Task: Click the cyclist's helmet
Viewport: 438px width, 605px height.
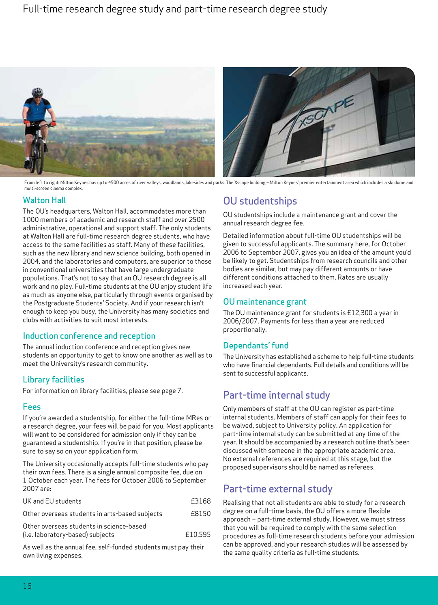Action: click(37, 92)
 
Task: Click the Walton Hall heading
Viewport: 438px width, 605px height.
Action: click(44, 200)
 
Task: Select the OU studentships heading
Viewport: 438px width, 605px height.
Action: click(260, 201)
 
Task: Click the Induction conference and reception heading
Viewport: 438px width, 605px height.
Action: click(89, 336)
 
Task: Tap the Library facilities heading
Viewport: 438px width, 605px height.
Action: click(54, 380)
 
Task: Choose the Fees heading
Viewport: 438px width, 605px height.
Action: click(32, 407)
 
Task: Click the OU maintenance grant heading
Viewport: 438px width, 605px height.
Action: click(265, 302)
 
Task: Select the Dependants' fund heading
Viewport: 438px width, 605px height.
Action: click(256, 345)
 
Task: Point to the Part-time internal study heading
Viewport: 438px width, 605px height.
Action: click(277, 395)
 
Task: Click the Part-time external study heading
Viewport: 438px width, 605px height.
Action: click(278, 489)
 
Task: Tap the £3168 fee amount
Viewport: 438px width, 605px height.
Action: click(201, 501)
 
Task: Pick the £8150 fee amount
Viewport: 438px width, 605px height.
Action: click(201, 514)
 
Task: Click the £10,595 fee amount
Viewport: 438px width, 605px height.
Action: click(198, 534)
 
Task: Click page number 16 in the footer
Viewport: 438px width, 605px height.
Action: click(27, 586)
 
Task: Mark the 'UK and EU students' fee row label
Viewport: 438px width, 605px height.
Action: click(52, 501)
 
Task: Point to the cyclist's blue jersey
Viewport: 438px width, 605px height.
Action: click(37, 109)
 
